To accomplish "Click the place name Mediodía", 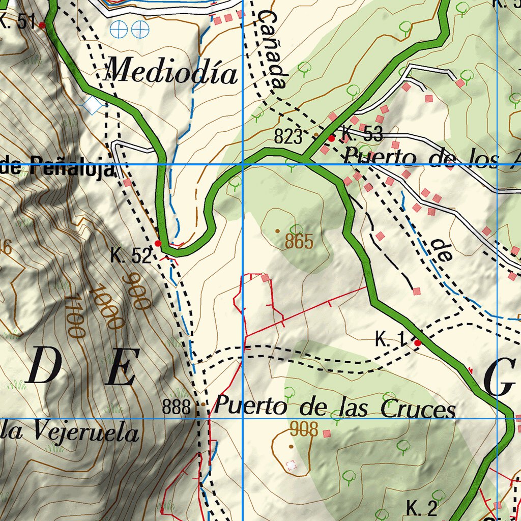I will click(171, 72).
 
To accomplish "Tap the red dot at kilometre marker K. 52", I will click(158, 244).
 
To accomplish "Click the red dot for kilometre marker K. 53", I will click(331, 138).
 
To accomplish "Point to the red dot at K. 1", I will click(418, 343).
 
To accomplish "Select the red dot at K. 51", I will click(42, 24).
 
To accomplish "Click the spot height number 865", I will click(299, 242).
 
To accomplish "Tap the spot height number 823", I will click(288, 136).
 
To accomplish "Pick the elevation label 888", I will click(177, 407).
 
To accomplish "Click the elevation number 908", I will click(304, 429).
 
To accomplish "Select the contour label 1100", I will click(74, 315).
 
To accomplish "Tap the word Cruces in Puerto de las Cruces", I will click(418, 409).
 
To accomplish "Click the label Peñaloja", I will click(72, 166).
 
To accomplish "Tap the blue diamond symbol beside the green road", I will click(93, 105).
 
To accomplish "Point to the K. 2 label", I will click(422, 508).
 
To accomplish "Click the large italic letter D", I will click(45, 367).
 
